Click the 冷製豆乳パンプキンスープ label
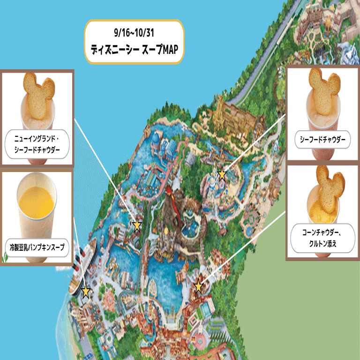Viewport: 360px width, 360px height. tap(37, 246)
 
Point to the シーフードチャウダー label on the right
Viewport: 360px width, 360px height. tap(323, 140)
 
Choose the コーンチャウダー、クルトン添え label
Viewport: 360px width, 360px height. tap(323, 238)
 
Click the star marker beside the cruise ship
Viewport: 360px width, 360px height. tap(85, 292)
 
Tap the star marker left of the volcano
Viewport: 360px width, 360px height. tap(137, 225)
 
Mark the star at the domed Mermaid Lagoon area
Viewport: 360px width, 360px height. tap(222, 175)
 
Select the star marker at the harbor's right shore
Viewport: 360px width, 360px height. tap(198, 286)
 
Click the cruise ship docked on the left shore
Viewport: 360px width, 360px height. tap(84, 262)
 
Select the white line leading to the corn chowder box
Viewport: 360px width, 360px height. tap(244, 248)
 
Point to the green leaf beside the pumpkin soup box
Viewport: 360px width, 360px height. tap(5, 257)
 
